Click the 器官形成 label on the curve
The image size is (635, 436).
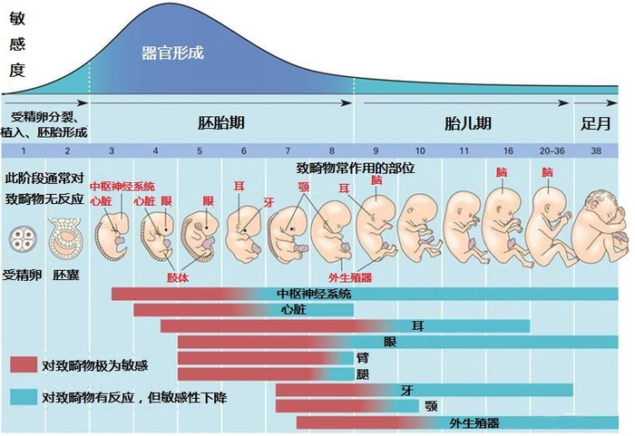172,53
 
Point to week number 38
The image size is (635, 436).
596,150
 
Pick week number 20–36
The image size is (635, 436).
551,150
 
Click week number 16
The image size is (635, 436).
508,150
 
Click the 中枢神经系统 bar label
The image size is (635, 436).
314,295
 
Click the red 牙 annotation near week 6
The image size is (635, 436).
269,203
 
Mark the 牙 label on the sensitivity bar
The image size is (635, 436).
407,391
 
